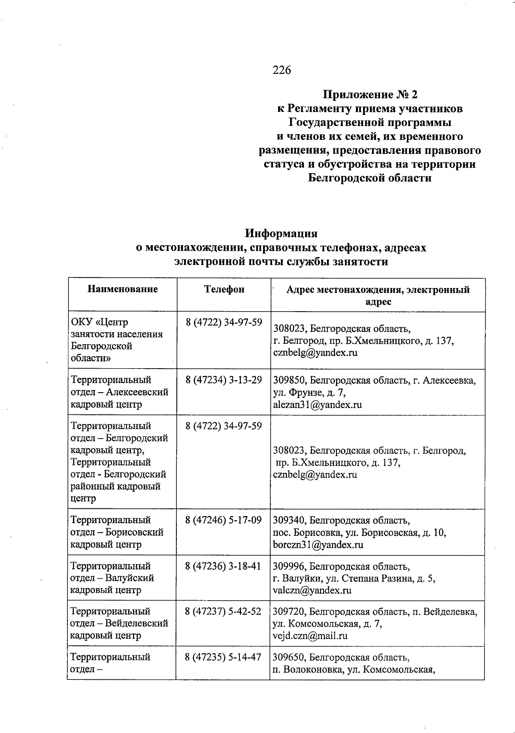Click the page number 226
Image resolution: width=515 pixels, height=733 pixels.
tap(282, 70)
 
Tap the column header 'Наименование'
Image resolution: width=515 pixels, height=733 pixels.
tap(123, 289)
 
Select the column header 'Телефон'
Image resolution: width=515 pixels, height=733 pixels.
tap(224, 289)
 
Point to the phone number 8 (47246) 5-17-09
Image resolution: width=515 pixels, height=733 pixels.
tap(224, 520)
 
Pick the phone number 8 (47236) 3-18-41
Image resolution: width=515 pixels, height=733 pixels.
tap(224, 566)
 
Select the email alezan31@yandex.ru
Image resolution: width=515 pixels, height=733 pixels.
tap(317, 405)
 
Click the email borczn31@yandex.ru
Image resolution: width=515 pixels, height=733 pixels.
tap(318, 545)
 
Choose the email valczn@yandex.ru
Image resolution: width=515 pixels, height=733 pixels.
tap(312, 590)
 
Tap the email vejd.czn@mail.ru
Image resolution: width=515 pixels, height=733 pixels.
tap(310, 636)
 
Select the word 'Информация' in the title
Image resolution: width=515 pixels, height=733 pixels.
tap(281, 234)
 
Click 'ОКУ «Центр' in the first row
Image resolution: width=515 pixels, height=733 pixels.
tap(100, 322)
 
